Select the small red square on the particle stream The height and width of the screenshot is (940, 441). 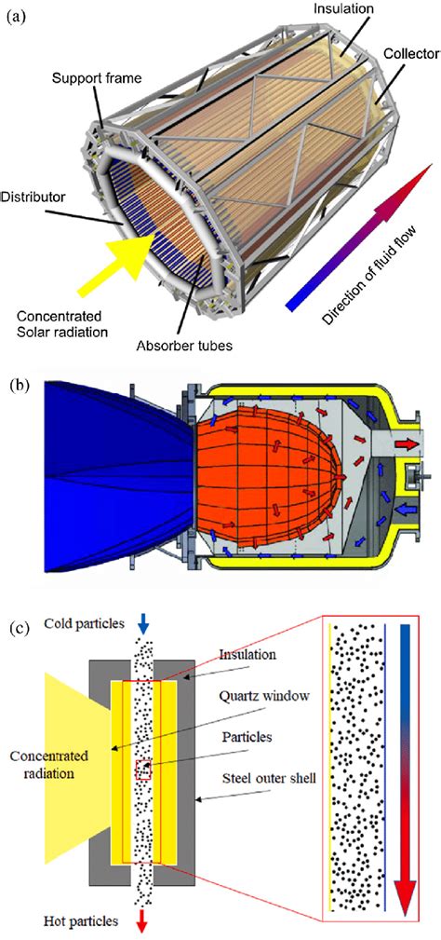pos(143,770)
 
